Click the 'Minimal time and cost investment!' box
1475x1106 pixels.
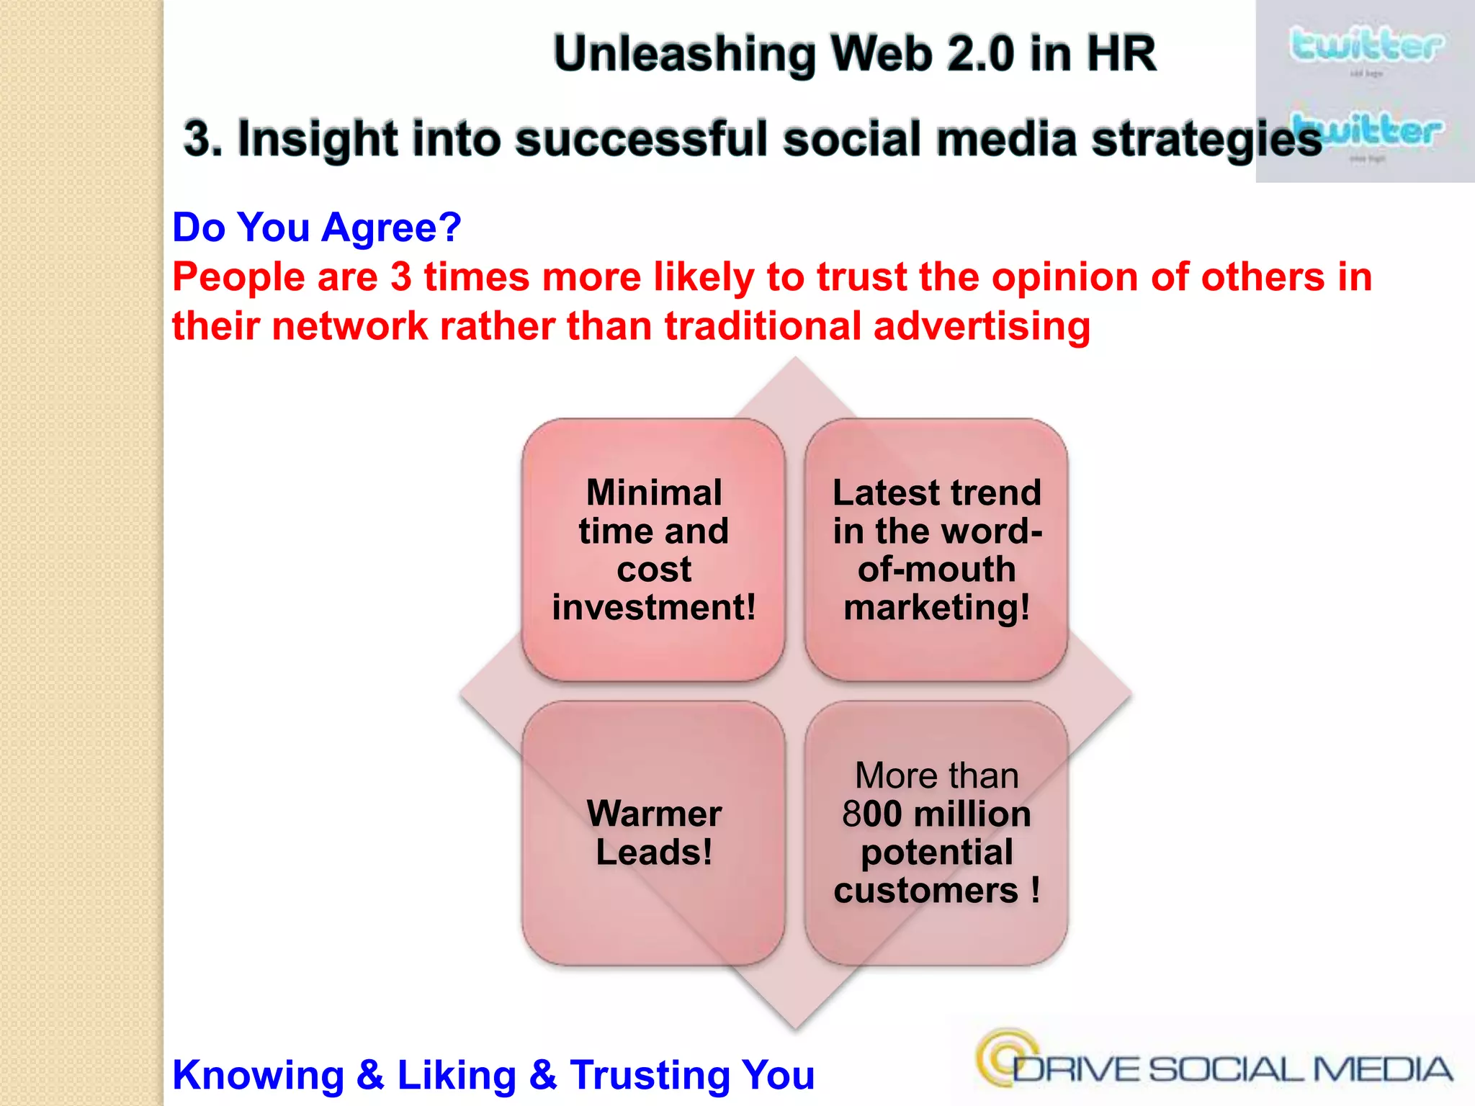(x=653, y=549)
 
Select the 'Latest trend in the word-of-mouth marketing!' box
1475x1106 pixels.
(x=936, y=549)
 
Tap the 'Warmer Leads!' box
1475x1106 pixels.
(x=653, y=832)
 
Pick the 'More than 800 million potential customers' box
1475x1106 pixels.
(x=936, y=832)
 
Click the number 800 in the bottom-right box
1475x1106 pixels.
(x=871, y=814)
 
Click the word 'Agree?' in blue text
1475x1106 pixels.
(x=391, y=228)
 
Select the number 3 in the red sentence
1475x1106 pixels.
(x=400, y=277)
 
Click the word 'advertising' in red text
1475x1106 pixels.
(x=982, y=326)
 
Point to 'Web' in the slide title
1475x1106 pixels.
(x=882, y=54)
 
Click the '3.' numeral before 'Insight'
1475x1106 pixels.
(x=202, y=138)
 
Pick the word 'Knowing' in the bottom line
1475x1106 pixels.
(x=259, y=1075)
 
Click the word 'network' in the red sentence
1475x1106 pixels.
(x=350, y=326)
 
